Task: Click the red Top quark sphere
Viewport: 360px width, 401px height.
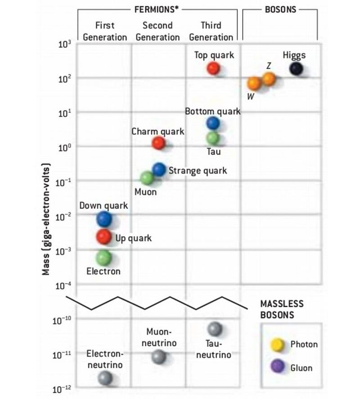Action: pyautogui.click(x=213, y=68)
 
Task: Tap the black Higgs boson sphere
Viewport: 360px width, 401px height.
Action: pyautogui.click(x=296, y=69)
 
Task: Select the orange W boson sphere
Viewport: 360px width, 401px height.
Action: pyautogui.click(x=254, y=83)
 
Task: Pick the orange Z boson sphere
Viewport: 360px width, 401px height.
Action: pyautogui.click(x=269, y=79)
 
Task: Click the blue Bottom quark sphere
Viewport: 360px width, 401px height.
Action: pyautogui.click(x=212, y=123)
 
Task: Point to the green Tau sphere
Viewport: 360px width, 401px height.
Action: pyautogui.click(x=212, y=138)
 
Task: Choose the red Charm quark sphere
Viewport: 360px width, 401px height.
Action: pyautogui.click(x=158, y=143)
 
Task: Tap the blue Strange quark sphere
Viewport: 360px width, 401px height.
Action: pyautogui.click(x=158, y=169)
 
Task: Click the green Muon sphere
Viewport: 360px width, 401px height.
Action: pyautogui.click(x=146, y=178)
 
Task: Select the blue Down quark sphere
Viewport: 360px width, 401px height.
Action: pyautogui.click(x=104, y=218)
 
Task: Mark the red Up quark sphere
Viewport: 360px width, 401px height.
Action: pyautogui.click(x=104, y=236)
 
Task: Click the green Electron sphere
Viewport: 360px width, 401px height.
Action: pyautogui.click(x=103, y=257)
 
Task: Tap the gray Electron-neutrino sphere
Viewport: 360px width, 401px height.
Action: pyautogui.click(x=105, y=378)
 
